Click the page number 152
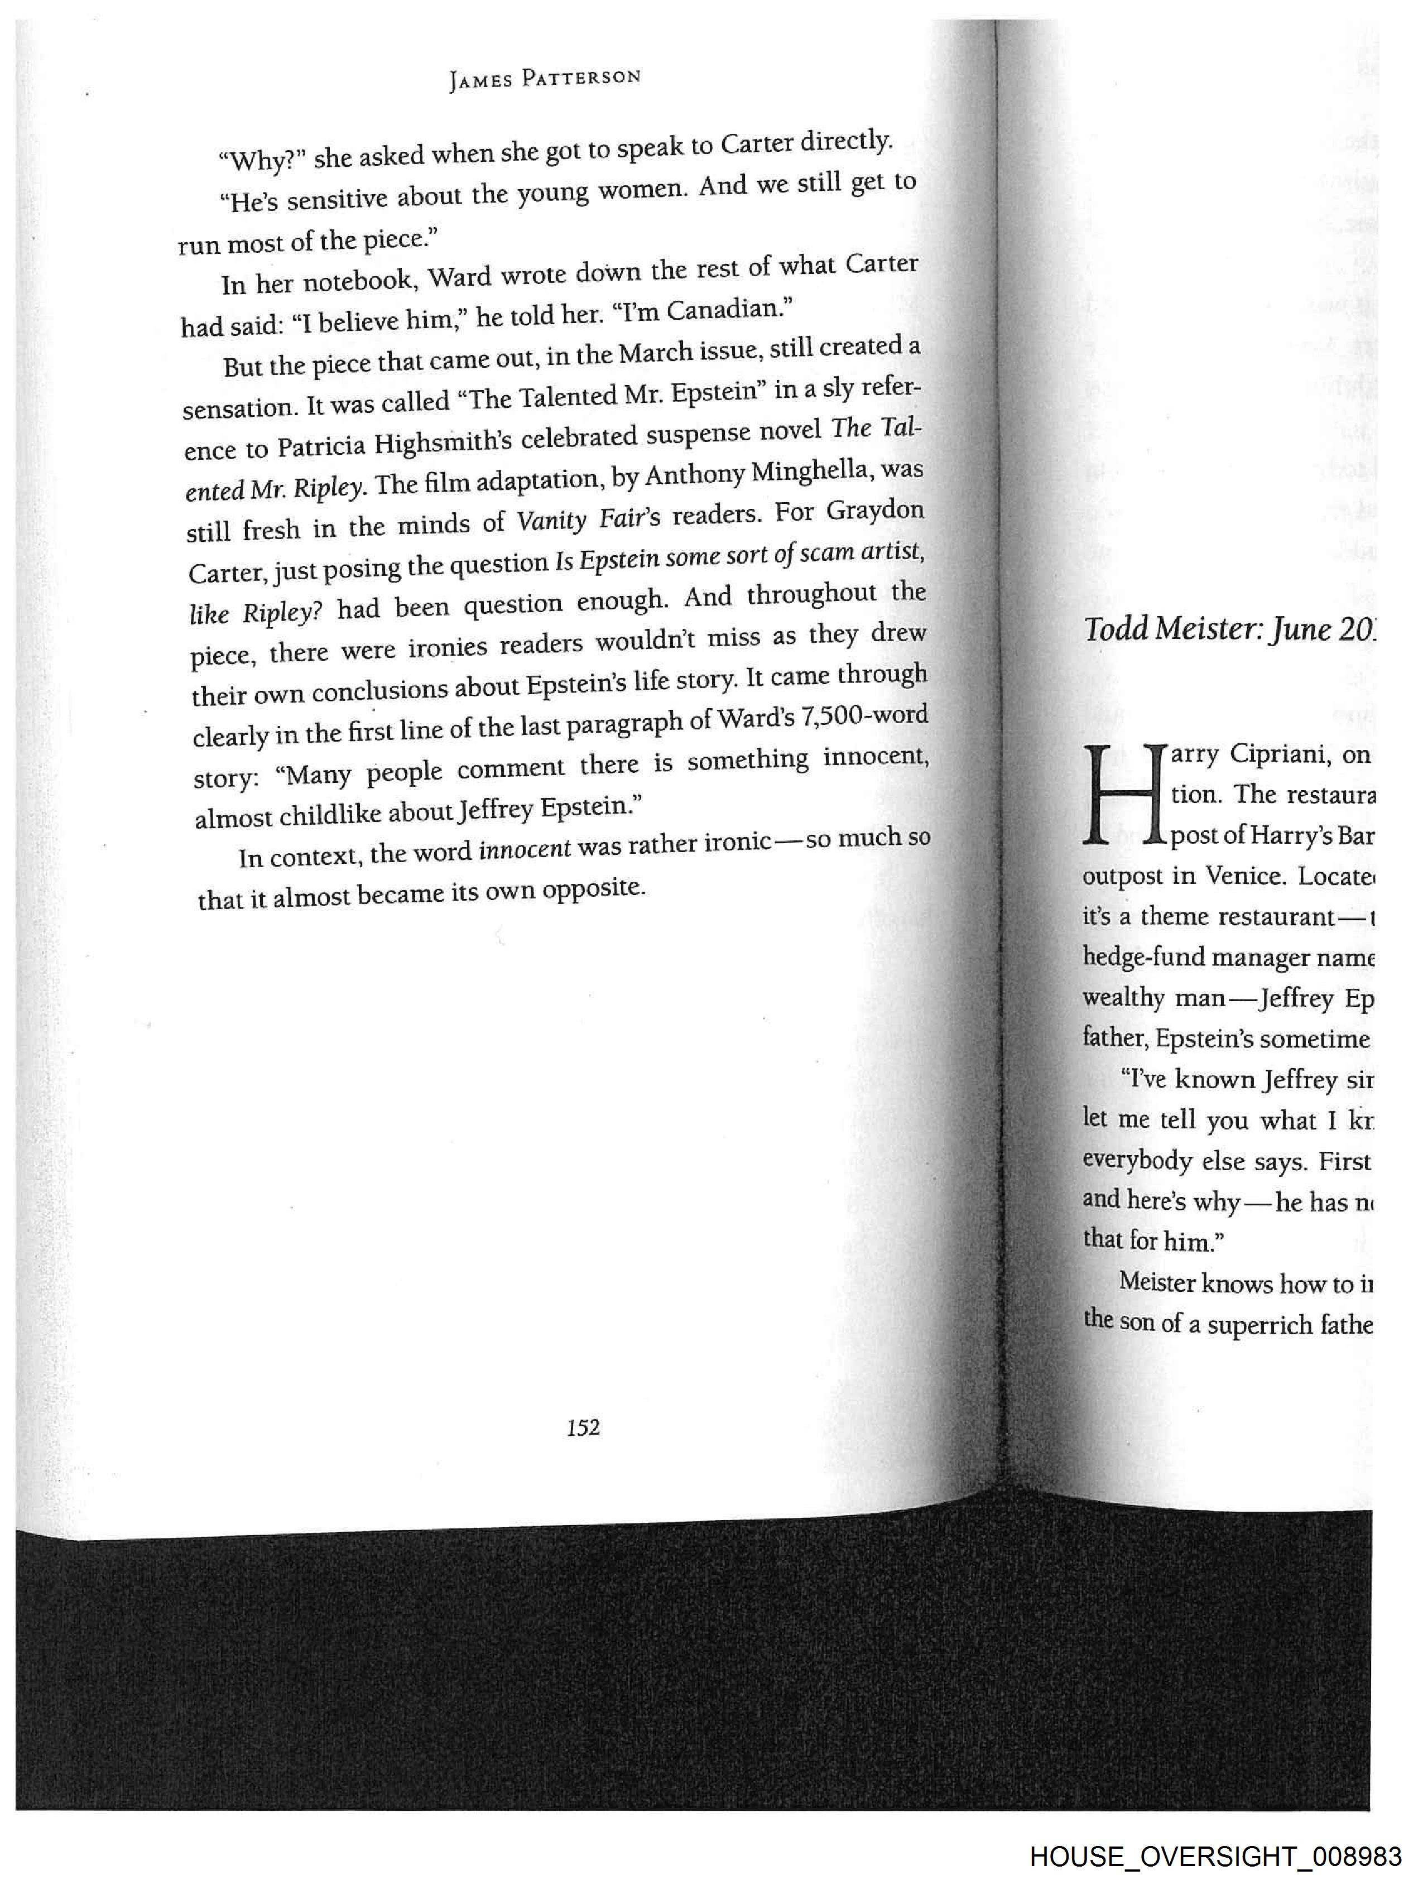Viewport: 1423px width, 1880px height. coord(583,1427)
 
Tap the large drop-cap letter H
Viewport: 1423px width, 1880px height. coord(1123,795)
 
